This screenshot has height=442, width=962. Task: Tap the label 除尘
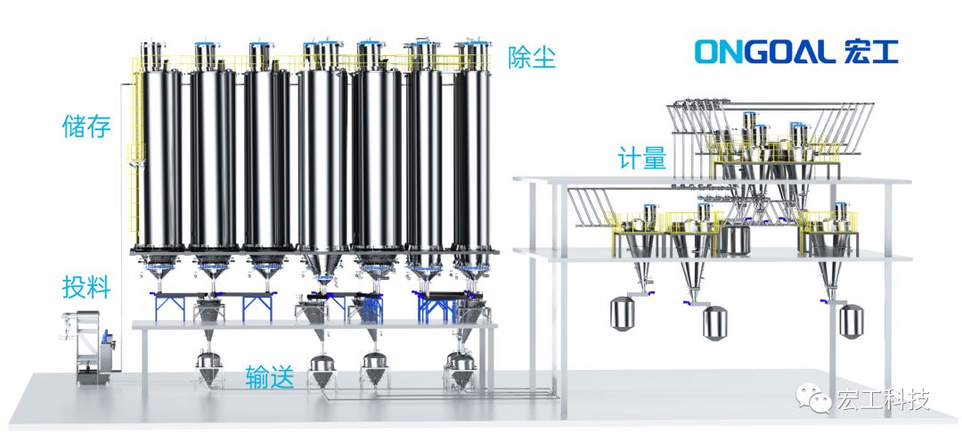click(x=531, y=58)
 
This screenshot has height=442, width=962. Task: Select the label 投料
click(x=86, y=287)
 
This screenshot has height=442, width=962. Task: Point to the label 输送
click(x=270, y=378)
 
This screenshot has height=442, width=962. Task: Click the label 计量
click(x=641, y=159)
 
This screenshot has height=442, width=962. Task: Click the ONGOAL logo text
click(x=765, y=53)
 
